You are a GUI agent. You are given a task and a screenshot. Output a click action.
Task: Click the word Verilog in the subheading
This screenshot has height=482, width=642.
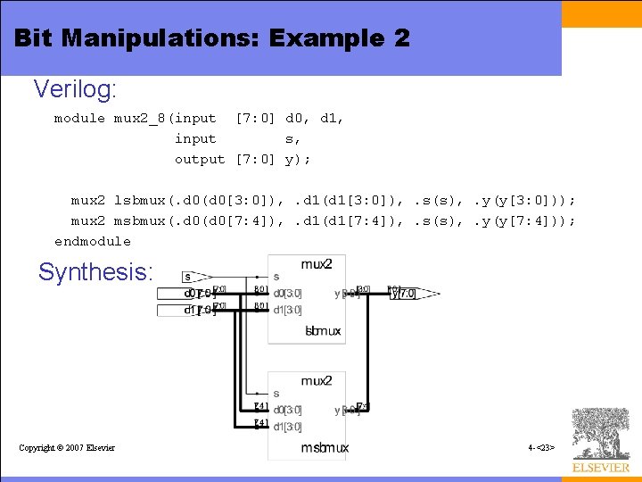75,89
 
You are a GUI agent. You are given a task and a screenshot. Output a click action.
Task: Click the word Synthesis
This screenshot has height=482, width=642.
95,272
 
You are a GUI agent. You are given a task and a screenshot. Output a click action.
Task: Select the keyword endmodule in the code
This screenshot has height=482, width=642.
92,241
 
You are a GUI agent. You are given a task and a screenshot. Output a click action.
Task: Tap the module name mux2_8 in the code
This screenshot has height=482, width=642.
141,118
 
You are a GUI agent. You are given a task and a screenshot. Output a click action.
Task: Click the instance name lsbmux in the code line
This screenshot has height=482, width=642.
139,200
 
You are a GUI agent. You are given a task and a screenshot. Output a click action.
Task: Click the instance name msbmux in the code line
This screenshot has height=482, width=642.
139,220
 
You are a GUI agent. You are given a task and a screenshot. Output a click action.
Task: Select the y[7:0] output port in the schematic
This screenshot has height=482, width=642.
407,293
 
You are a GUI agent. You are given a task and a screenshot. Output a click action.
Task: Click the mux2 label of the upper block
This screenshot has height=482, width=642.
317,264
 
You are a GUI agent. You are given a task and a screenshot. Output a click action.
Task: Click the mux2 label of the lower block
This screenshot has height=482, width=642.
317,381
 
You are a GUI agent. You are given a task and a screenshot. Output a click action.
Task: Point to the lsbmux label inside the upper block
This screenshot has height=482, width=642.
323,331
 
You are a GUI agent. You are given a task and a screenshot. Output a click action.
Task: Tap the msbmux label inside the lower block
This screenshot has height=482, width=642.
325,447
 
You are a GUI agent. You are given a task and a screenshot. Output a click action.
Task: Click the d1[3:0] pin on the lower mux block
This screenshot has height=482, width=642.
287,426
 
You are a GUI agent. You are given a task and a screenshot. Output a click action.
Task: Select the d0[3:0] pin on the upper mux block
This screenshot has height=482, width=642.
287,293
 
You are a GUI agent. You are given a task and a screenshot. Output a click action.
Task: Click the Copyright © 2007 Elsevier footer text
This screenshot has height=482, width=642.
67,447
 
